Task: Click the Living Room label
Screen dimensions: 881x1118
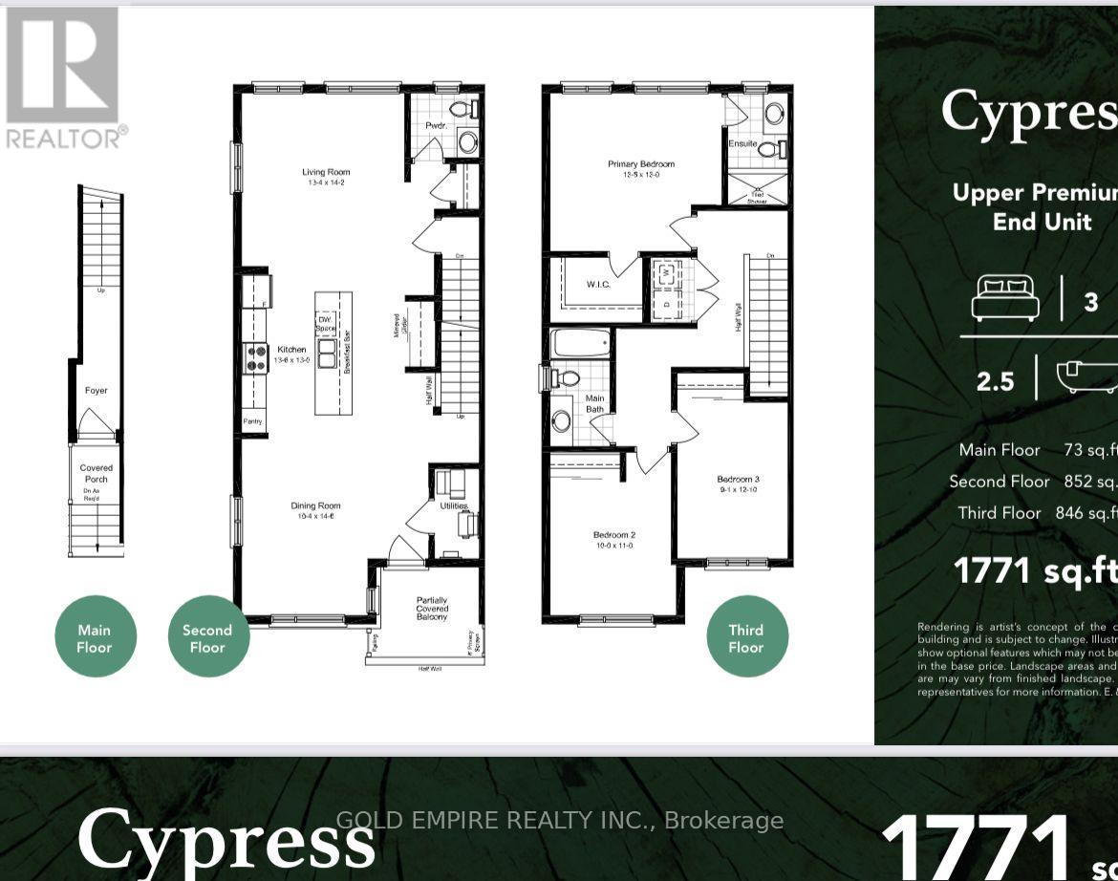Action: [326, 173]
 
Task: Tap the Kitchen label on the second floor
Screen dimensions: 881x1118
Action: [291, 350]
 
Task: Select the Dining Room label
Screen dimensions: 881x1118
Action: [315, 506]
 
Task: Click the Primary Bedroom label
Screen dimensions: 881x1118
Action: [634, 164]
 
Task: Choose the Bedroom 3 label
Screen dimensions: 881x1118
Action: [739, 480]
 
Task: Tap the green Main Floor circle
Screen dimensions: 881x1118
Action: [95, 637]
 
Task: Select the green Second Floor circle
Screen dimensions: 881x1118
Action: [207, 637]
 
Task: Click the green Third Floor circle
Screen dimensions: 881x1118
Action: [746, 637]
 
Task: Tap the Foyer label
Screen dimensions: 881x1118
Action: [96, 390]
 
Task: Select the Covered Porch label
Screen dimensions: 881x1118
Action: [96, 474]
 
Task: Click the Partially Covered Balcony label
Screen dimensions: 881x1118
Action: [431, 608]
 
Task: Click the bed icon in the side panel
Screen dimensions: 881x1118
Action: [1004, 298]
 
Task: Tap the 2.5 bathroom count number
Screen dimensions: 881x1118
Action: [995, 381]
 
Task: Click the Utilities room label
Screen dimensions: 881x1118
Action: [453, 505]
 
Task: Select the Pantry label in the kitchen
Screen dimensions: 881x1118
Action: [252, 421]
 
